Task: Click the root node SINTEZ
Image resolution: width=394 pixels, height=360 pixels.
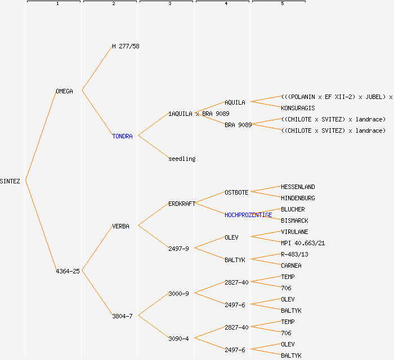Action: pos(10,181)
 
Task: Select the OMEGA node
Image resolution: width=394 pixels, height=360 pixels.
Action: pos(64,91)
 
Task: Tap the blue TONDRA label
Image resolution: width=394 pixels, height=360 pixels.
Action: pos(122,136)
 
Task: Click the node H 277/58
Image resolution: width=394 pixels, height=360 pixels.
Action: pos(126,46)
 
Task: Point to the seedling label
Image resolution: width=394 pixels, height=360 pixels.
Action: pos(182,159)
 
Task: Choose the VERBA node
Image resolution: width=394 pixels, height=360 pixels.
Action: pos(120,226)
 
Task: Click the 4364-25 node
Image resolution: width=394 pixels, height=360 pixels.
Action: pos(68,271)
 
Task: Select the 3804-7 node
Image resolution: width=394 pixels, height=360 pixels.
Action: pos(122,316)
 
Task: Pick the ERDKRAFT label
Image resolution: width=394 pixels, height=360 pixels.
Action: pos(182,204)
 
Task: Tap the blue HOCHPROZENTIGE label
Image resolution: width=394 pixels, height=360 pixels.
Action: pos(248,215)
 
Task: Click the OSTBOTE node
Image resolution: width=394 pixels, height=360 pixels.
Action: pos(236,192)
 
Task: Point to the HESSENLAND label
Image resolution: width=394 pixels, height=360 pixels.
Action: pos(298,187)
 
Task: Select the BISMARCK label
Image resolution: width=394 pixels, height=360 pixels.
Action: pos(294,220)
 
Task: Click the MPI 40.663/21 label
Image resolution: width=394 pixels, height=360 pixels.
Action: pos(303,243)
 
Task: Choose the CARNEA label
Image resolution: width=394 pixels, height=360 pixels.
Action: pos(291,265)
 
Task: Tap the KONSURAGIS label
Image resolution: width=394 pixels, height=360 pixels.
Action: pos(298,108)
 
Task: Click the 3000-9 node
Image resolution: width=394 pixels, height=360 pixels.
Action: pos(178,294)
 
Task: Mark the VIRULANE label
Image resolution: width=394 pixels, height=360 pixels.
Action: pos(294,232)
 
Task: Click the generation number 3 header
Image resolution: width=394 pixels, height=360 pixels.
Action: pos(169,4)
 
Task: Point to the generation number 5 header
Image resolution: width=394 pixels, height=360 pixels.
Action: pos(282,4)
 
